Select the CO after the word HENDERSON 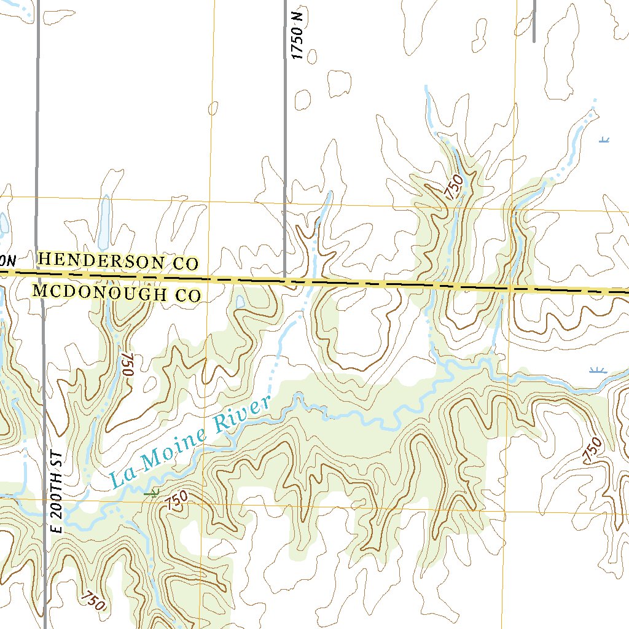click(x=185, y=264)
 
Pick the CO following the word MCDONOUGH click(x=189, y=295)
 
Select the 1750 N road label click(x=299, y=36)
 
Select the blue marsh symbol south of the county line click(x=597, y=370)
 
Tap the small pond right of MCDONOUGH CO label click(x=240, y=301)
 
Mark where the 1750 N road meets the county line click(x=285, y=281)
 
